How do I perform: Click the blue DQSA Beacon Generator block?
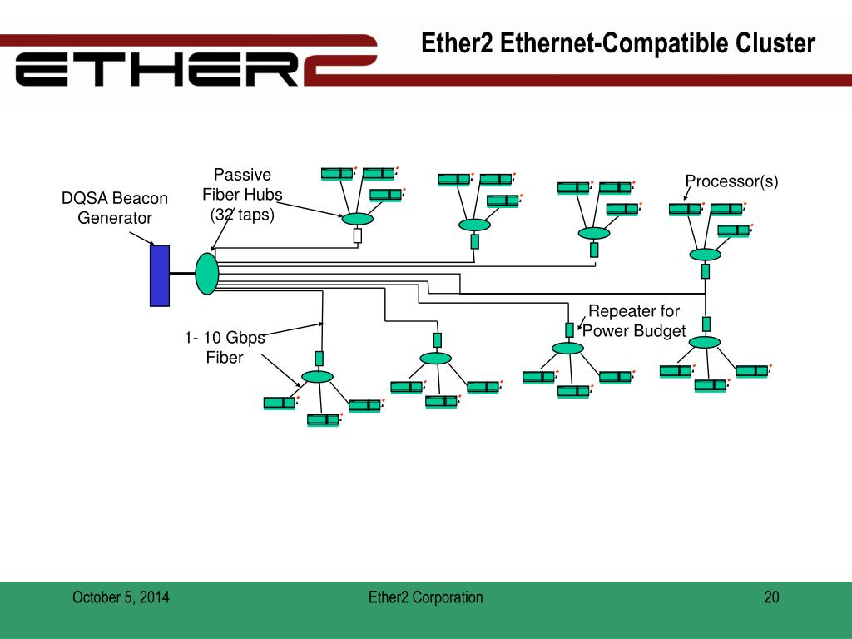[160, 275]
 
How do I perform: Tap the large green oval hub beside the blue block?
[207, 274]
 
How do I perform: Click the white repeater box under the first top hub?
[358, 235]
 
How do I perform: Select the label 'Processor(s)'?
[731, 181]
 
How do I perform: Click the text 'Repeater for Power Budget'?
[634, 320]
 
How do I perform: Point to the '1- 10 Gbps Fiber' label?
[225, 347]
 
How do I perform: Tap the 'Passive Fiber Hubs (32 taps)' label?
[242, 195]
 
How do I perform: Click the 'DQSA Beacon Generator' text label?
[115, 207]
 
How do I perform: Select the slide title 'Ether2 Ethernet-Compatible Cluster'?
[618, 43]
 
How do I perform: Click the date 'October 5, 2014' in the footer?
[121, 597]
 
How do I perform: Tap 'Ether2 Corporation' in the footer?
[425, 597]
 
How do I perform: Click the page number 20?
[771, 597]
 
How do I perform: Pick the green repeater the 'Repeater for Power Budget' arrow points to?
[569, 329]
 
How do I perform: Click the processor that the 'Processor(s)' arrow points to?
[685, 209]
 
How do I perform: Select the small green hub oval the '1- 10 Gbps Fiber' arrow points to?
[317, 377]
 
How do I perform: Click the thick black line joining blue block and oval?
[182, 273]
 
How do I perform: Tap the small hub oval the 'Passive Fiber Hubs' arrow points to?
[358, 219]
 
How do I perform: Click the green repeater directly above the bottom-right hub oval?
[706, 324]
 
